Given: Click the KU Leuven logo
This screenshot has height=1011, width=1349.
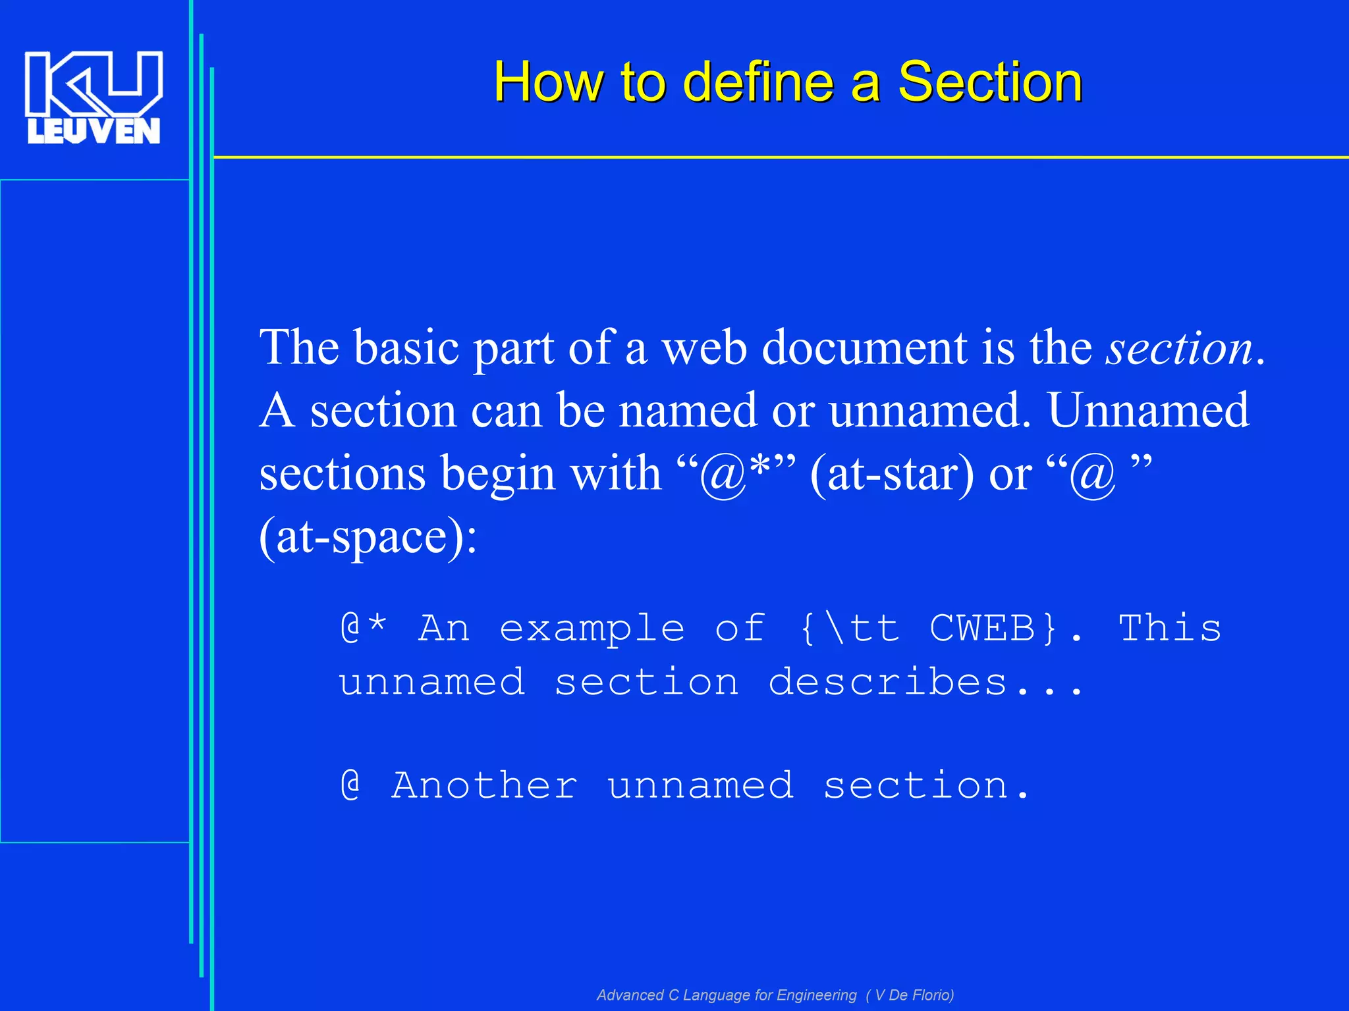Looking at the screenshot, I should tap(93, 97).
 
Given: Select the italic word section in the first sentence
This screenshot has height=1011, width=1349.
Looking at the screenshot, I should tap(1179, 348).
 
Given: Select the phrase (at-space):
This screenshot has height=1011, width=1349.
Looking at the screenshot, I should tap(368, 537).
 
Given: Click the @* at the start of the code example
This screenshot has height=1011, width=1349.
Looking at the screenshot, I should tap(364, 627).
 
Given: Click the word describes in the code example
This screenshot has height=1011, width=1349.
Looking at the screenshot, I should tap(887, 682).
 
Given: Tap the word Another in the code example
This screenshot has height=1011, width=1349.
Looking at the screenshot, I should tap(484, 785).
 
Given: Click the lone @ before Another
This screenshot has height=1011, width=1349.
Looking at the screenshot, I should tap(350, 785).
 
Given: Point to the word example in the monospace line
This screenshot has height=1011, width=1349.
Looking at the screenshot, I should tap(592, 629).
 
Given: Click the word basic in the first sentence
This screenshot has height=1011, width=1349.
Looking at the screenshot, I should tap(406, 348).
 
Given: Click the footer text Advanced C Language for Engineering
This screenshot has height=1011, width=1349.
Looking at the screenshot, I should tap(727, 995).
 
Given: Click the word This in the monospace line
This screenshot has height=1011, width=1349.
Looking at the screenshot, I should tap(1170, 627).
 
